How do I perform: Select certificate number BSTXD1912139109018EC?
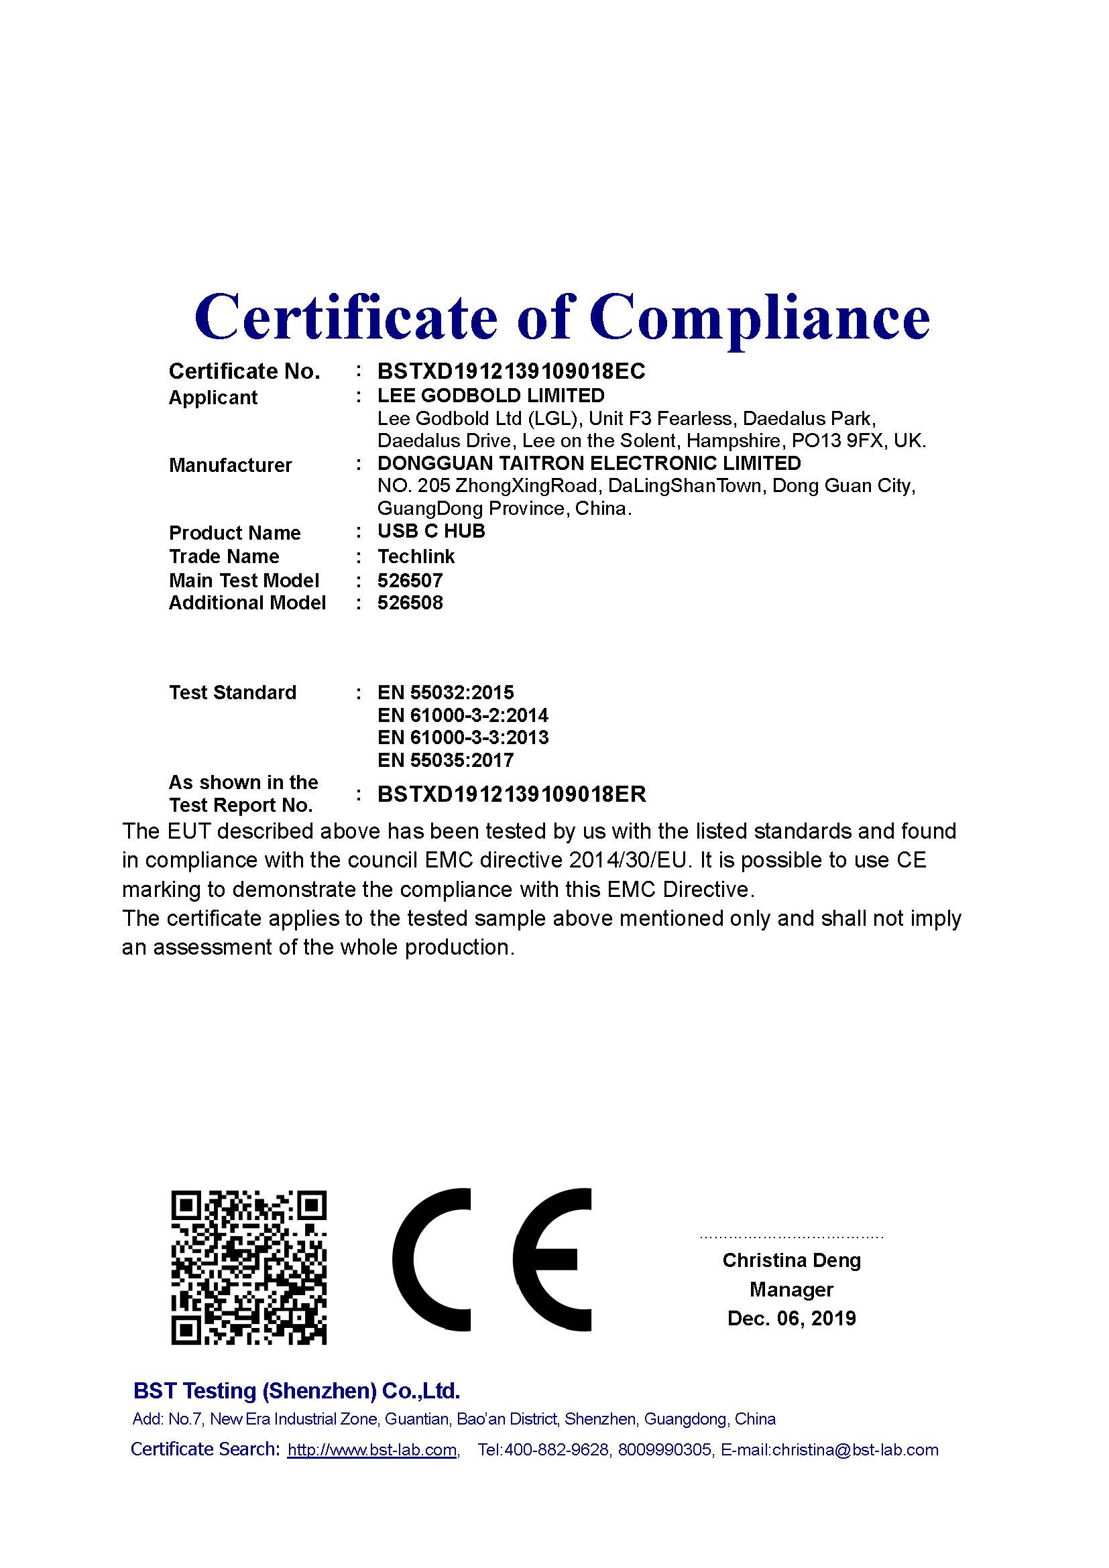[512, 371]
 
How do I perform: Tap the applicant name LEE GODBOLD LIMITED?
[491, 396]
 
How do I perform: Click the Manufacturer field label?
[230, 465]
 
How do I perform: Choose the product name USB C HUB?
[431, 532]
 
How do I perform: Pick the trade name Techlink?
[416, 556]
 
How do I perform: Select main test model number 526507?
[410, 581]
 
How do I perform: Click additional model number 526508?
[410, 603]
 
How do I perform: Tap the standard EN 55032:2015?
[445, 692]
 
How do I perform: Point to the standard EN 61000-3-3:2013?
[463, 737]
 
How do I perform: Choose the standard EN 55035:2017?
[445, 760]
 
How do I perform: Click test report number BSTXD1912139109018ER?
[512, 794]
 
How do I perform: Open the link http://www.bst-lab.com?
[372, 1450]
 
